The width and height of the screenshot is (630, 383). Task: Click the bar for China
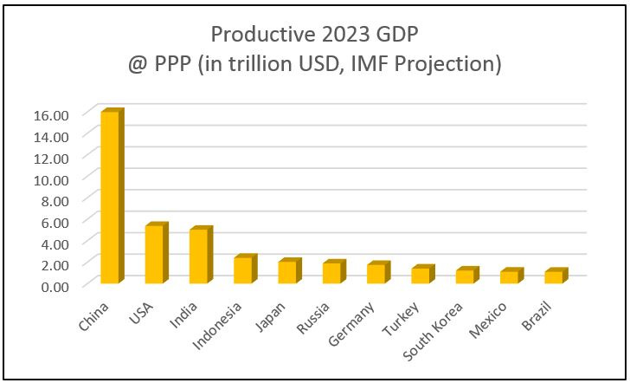click(x=111, y=198)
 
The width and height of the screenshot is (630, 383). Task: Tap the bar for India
click(x=199, y=256)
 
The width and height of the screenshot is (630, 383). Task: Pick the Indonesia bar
click(x=243, y=270)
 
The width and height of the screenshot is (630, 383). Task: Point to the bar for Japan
click(x=287, y=272)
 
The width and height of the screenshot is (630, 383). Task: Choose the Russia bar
click(x=331, y=273)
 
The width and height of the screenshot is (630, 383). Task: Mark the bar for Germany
click(x=376, y=274)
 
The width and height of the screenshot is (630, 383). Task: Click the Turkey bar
click(x=420, y=276)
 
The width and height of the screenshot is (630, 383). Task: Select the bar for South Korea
click(x=465, y=277)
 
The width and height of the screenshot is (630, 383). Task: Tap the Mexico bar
click(x=509, y=277)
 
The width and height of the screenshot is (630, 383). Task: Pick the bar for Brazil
click(x=553, y=277)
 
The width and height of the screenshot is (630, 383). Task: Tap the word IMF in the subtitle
click(x=432, y=64)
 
